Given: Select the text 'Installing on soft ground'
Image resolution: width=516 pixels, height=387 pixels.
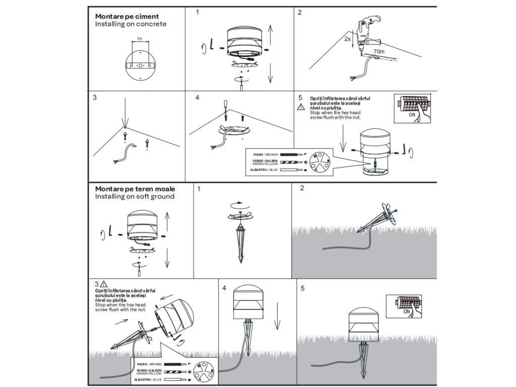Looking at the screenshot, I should (135, 196).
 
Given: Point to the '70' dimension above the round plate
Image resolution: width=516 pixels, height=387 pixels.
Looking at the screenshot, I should (139, 39).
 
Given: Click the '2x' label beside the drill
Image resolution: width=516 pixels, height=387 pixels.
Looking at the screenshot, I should (347, 38).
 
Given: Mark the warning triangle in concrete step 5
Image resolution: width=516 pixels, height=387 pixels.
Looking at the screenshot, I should (301, 106).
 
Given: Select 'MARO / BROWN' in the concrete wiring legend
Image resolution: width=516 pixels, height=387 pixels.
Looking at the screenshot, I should (264, 153).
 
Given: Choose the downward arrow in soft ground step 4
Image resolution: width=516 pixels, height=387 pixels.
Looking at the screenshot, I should (277, 321).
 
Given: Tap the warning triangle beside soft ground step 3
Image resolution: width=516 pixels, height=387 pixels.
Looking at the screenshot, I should (104, 284).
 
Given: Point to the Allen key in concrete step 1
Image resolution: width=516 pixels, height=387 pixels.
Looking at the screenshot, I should (211, 45).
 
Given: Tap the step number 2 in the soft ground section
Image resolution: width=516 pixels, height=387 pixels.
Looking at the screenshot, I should (302, 189).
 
